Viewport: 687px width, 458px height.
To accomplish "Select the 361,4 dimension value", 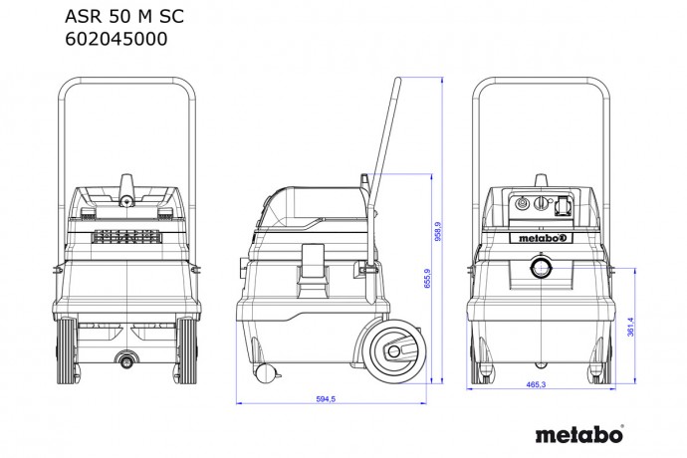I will pyautogui.click(x=629, y=329).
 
